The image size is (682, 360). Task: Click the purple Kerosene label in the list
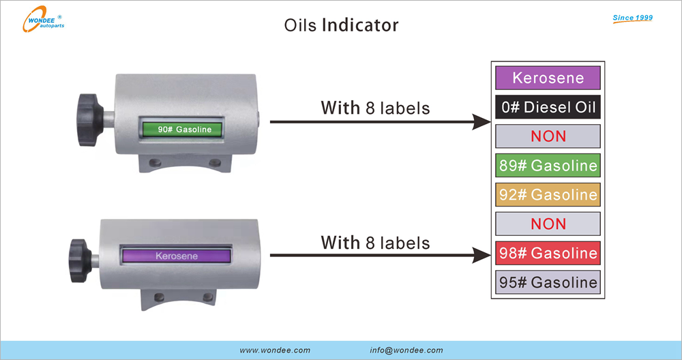tap(548, 78)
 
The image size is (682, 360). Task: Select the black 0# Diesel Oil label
tap(548, 107)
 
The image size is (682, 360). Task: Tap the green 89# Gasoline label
tap(548, 165)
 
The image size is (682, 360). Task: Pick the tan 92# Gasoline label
tap(548, 194)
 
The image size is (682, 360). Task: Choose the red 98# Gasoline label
tap(548, 253)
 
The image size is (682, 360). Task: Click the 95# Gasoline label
tap(548, 282)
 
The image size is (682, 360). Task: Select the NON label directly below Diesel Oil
tap(548, 136)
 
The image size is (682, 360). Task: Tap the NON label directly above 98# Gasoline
tap(548, 224)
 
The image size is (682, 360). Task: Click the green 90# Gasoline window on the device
tap(184, 129)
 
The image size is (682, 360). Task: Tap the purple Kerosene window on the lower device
tap(176, 256)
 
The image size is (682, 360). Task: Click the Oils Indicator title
tap(341, 25)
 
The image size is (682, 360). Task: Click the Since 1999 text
tap(632, 18)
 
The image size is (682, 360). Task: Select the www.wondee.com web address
tap(275, 350)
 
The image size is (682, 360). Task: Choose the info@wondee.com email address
tap(406, 350)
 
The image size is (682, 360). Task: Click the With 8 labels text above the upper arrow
tap(375, 108)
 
